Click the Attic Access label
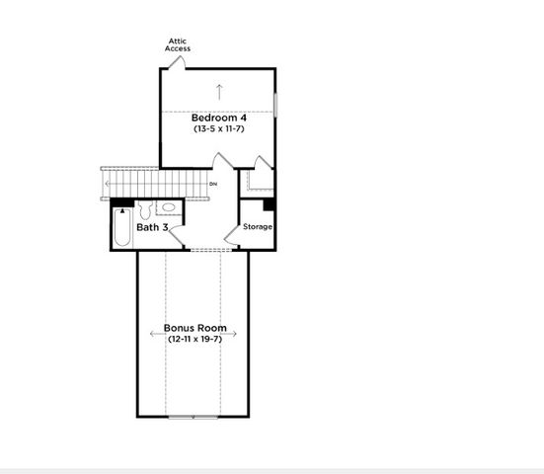point(179,44)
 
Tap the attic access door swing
point(176,62)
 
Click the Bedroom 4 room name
point(217,118)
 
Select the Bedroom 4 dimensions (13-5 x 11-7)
point(217,129)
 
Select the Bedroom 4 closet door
point(259,164)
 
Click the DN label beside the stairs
point(213,185)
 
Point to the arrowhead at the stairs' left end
point(106,184)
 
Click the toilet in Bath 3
point(145,209)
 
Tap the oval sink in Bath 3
point(168,208)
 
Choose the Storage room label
point(258,227)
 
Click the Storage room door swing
point(233,232)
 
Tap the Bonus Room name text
point(194,328)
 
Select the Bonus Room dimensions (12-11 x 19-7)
point(194,339)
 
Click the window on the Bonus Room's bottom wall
point(194,417)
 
